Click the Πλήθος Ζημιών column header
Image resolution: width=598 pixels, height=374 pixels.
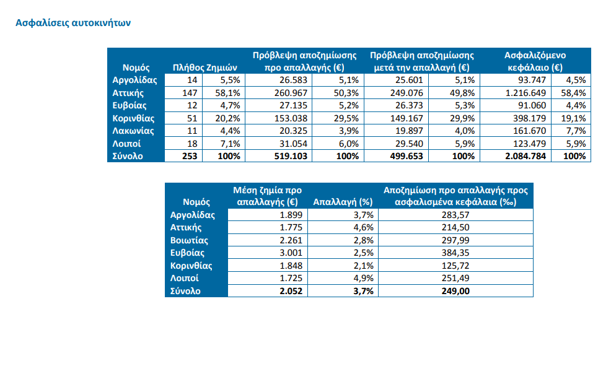[205, 67]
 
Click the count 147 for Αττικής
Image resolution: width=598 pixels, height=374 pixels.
[188, 93]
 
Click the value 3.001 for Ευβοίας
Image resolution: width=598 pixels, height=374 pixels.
[291, 253]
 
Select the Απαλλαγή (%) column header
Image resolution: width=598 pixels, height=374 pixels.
[341, 202]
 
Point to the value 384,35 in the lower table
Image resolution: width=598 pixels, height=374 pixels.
[455, 253]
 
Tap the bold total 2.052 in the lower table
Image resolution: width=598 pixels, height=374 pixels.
[291, 291]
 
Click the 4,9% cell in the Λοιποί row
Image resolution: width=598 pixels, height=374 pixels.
[363, 278]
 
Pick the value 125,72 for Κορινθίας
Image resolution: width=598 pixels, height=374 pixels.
[455, 266]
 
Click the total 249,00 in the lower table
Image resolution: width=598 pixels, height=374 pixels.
[455, 291]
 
